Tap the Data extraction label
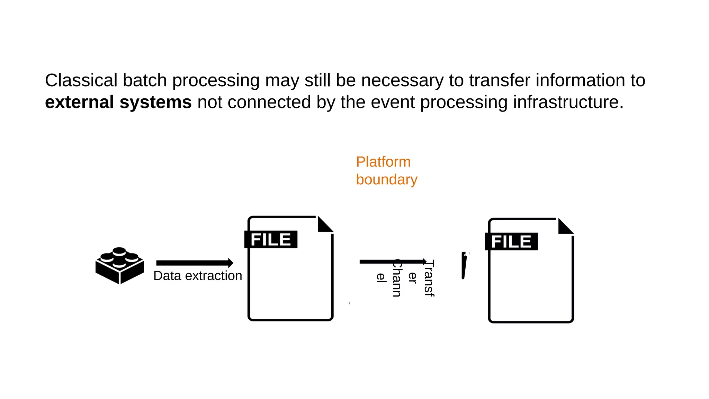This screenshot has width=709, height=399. tap(198, 276)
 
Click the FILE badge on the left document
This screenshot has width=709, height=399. tap(271, 239)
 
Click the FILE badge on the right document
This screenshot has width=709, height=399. tap(511, 241)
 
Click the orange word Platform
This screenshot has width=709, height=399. tap(383, 162)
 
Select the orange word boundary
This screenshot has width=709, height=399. tap(387, 179)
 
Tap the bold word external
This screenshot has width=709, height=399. tap(79, 102)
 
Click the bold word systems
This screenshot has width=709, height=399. tap(155, 102)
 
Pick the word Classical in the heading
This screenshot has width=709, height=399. tap(81, 80)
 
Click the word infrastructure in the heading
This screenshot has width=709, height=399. tap(568, 102)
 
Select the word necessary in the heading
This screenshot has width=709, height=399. tap(402, 80)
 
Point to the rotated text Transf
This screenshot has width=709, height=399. tap(429, 278)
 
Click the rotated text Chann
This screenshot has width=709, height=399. tap(397, 278)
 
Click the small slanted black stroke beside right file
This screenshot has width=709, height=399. tap(464, 266)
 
